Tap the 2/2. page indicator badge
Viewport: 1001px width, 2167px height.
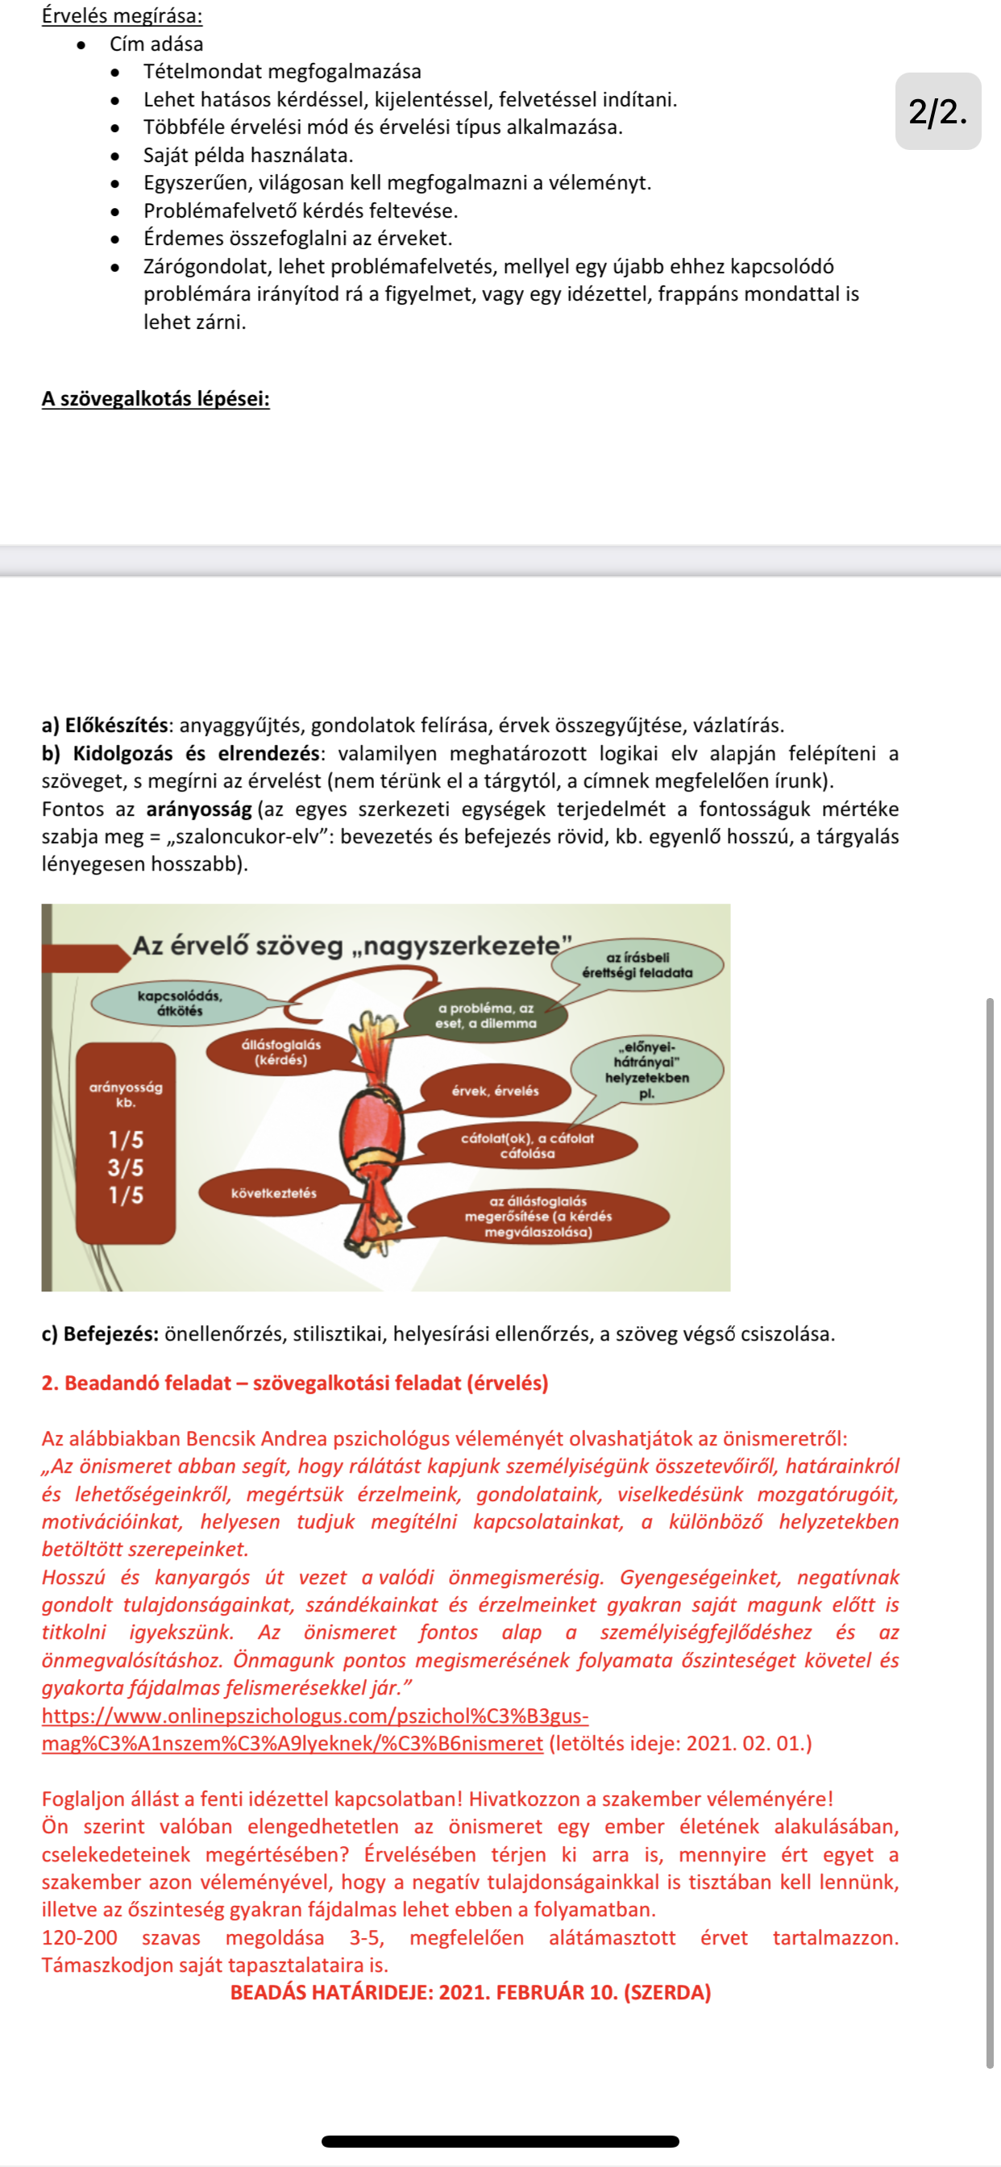point(937,111)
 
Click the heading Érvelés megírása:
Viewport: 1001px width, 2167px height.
point(122,16)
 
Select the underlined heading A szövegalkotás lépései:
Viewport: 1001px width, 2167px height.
point(156,399)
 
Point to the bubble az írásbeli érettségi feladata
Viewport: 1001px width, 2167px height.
point(637,965)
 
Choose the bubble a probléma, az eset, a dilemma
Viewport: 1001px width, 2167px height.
point(485,1015)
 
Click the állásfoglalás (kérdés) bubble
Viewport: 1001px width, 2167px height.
point(281,1052)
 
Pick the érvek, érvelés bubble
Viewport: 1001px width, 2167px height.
point(495,1091)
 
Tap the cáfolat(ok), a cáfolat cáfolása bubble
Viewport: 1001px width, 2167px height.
point(526,1146)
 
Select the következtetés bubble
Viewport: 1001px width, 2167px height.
point(273,1193)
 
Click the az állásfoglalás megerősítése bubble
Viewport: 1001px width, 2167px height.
point(538,1217)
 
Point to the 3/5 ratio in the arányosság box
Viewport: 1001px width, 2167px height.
point(126,1167)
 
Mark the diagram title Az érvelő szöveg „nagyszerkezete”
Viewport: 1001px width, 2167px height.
point(351,946)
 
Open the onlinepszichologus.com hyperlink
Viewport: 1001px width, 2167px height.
point(314,1716)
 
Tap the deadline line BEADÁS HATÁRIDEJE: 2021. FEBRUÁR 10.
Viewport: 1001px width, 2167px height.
point(470,1993)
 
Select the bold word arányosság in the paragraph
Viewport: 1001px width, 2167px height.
point(198,809)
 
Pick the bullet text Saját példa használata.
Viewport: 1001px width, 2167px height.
point(248,156)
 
